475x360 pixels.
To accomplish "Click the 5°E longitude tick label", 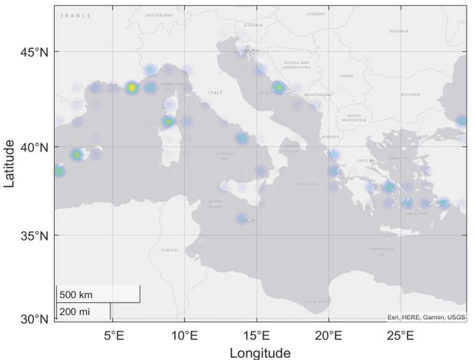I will point(113,336).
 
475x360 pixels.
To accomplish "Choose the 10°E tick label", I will point(184,336).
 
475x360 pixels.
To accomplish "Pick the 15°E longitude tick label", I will point(256,336).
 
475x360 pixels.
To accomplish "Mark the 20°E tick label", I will point(328,336).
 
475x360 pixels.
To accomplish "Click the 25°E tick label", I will point(400,336).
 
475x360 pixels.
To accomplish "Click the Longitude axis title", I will point(260,353).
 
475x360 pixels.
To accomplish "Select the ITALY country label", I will point(215,93).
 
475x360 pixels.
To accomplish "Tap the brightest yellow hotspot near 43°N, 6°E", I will point(132,88).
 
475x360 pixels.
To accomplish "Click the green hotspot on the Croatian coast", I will point(278,88).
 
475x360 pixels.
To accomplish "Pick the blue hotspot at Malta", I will point(242,218).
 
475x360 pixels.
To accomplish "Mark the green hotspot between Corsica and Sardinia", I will point(168,122).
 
